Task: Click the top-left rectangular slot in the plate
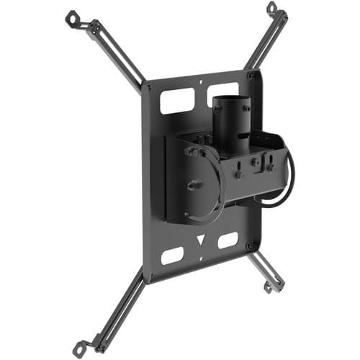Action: [176, 102]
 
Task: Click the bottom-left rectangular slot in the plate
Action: [173, 256]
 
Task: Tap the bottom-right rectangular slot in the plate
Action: [228, 240]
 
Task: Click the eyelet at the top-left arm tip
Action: [71, 17]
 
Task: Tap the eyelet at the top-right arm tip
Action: [271, 9]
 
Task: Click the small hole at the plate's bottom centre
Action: [201, 253]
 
